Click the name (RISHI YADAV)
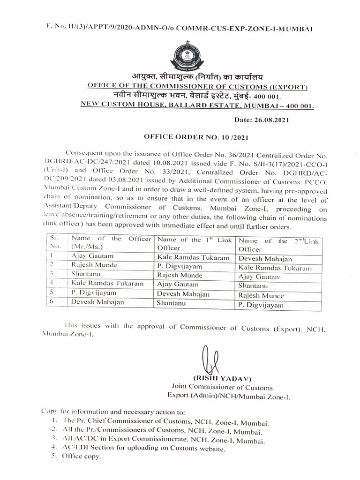217,378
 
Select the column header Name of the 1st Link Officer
195,244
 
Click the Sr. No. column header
56,242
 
